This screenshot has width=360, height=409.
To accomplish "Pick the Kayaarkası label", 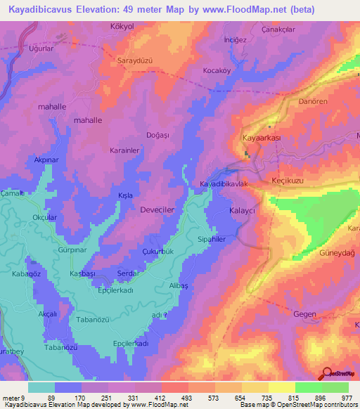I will pyautogui.click(x=261, y=138).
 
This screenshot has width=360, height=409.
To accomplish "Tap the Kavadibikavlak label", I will pyautogui.click(x=224, y=184).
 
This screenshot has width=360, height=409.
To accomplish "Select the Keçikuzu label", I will pyautogui.click(x=287, y=181).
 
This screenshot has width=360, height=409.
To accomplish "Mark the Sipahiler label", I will pyautogui.click(x=212, y=239).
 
